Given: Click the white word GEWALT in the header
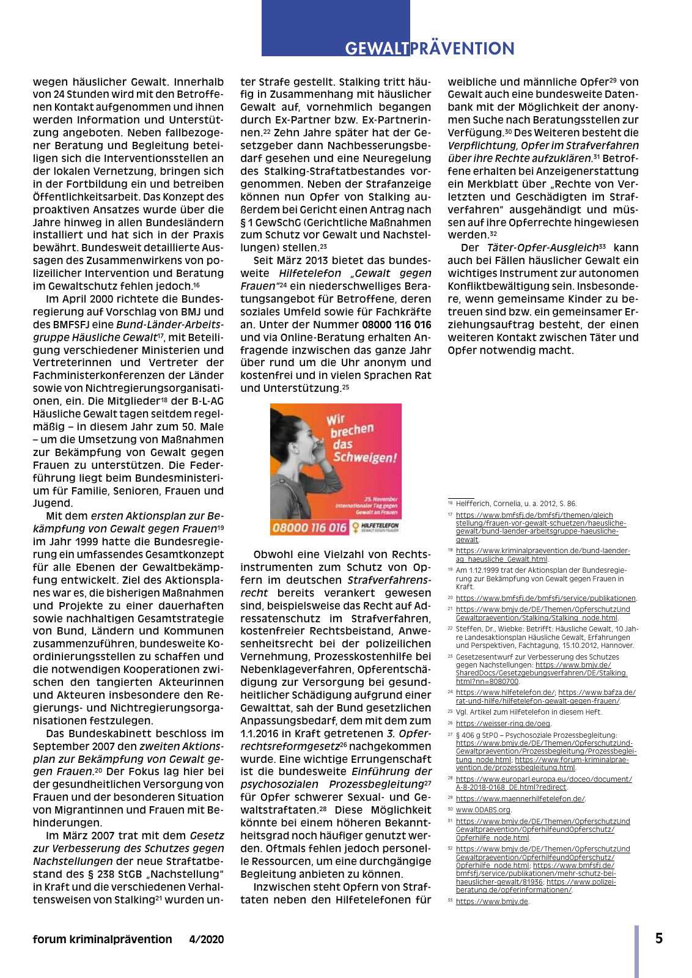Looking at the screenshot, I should pyautogui.click(x=377, y=48).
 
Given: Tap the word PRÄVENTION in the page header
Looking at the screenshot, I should pyautogui.click(x=462, y=48).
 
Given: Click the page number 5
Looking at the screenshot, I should pyautogui.click(x=659, y=938).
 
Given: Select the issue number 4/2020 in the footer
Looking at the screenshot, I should pyautogui.click(x=207, y=939).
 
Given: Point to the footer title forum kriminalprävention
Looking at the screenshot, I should pyautogui.click(x=102, y=939).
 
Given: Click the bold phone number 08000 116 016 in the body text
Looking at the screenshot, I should pyautogui.click(x=396, y=325).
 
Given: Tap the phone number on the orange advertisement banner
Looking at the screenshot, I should pyautogui.click(x=309, y=528).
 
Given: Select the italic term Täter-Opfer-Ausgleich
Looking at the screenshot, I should pyautogui.click(x=542, y=248).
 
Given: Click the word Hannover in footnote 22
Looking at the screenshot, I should pyautogui.click(x=617, y=645).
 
